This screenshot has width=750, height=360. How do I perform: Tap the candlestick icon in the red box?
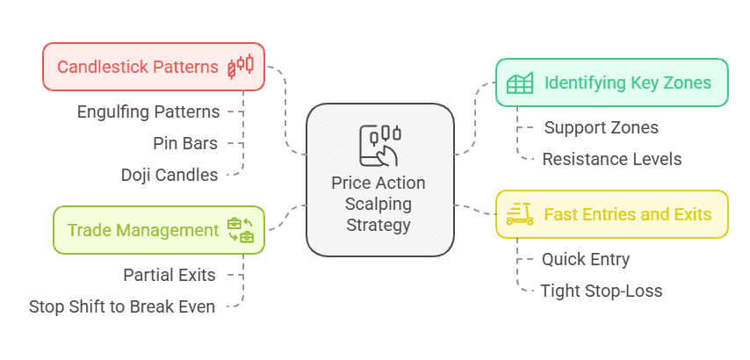[241, 67]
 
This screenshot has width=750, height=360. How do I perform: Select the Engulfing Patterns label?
[148, 112]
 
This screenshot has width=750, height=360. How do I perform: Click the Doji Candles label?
[169, 175]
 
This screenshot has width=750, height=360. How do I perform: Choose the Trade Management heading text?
[143, 230]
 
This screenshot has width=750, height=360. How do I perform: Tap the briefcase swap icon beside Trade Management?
[241, 230]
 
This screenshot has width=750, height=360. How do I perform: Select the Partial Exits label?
[169, 275]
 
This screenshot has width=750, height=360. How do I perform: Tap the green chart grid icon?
[520, 83]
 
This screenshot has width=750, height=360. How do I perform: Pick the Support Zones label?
[602, 127]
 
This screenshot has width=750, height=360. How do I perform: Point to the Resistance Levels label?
[612, 159]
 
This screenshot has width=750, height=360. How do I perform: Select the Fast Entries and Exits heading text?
[628, 214]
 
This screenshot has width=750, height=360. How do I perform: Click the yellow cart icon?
[520, 214]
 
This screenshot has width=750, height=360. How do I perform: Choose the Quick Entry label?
[586, 259]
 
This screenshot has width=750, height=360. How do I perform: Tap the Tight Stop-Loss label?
[602, 291]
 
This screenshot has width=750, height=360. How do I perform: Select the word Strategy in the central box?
[379, 224]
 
